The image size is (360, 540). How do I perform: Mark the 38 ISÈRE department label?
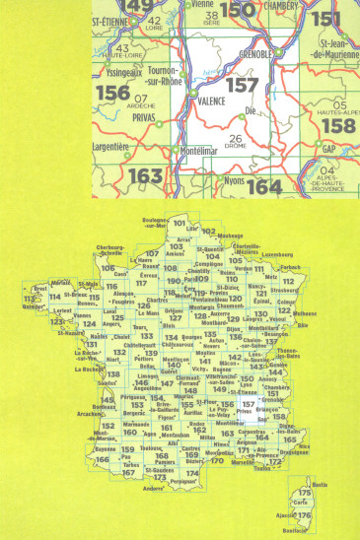tap(211, 18)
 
